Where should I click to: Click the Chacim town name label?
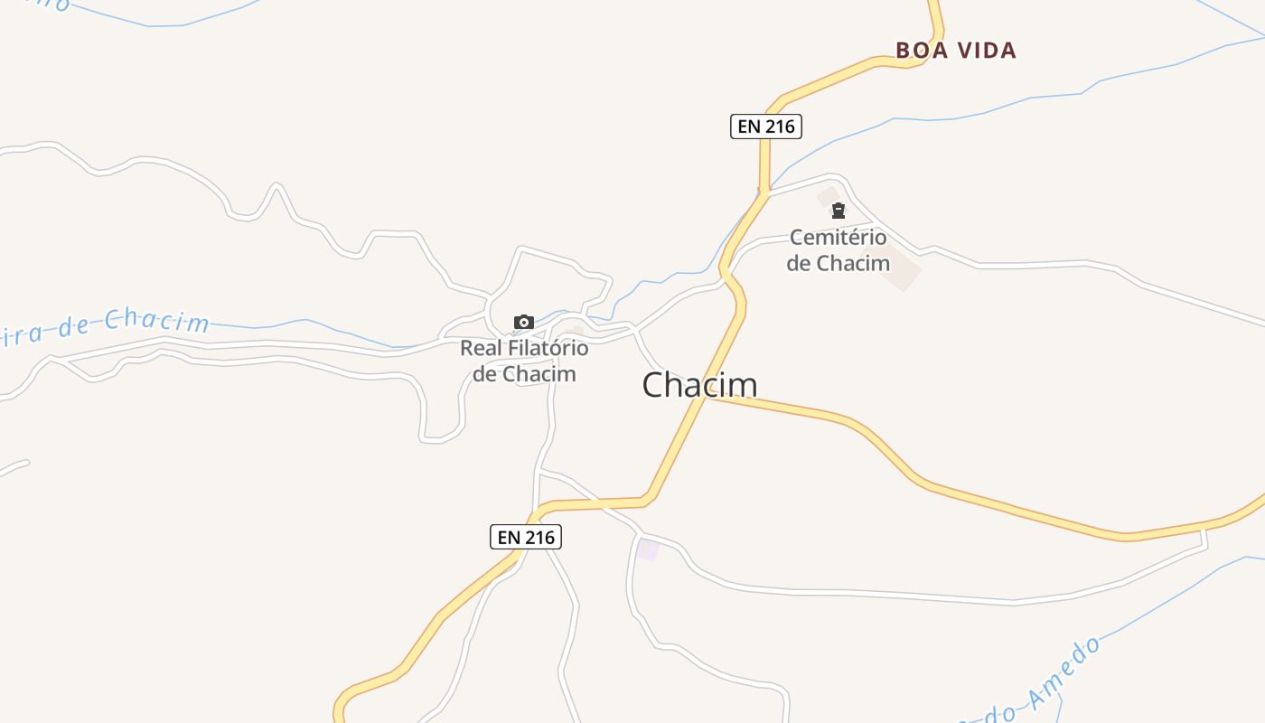coord(699,385)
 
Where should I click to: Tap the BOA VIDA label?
coord(956,51)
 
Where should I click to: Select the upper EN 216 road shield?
coord(765,127)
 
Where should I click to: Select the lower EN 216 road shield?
coord(526,537)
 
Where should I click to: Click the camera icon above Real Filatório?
coord(523,323)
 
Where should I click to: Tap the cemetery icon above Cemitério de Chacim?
coord(839,211)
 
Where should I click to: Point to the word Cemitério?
coord(838,238)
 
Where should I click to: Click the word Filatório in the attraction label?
coord(546,348)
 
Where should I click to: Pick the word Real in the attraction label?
coord(480,348)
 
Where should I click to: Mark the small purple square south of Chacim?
coord(648,549)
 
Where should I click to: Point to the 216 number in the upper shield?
coord(779,127)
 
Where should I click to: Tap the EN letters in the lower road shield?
coord(509,537)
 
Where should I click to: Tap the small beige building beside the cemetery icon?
coord(827,195)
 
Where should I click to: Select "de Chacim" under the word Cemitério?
coord(838,264)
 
